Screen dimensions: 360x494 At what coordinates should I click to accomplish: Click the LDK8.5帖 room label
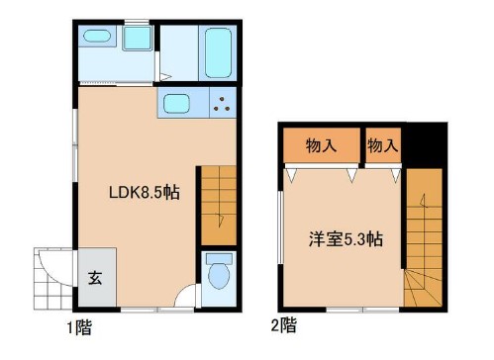[144, 193]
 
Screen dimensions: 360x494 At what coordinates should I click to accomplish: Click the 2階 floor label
[283, 323]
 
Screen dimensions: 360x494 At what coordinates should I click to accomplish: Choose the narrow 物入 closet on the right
[382, 145]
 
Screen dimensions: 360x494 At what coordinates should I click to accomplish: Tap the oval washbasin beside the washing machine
[96, 37]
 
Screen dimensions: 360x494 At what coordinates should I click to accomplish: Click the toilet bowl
[218, 276]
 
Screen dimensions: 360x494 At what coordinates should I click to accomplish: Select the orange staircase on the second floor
[424, 237]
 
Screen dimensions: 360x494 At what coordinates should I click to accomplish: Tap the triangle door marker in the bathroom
[166, 76]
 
